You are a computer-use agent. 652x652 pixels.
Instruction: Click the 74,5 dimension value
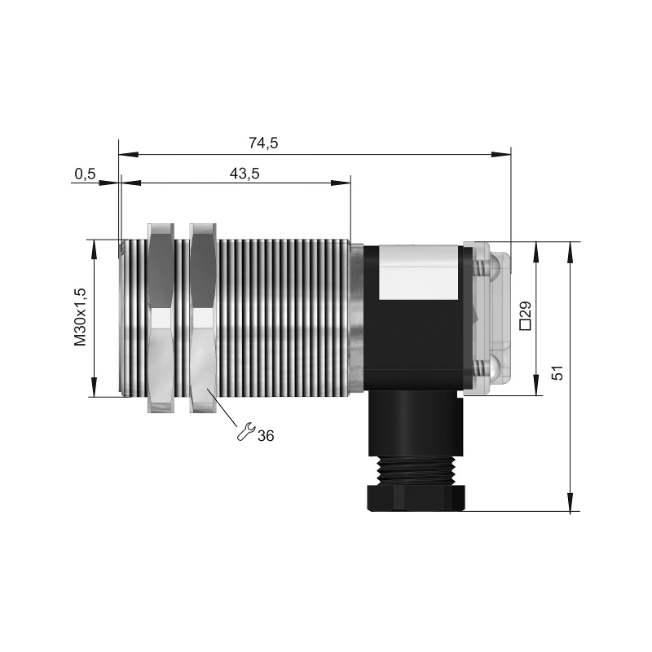pyautogui.click(x=263, y=143)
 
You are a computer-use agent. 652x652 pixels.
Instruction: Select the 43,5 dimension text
pyautogui.click(x=244, y=174)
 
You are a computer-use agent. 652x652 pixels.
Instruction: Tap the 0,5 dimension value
pyautogui.click(x=86, y=174)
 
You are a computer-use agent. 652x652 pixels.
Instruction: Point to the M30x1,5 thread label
pyautogui.click(x=80, y=317)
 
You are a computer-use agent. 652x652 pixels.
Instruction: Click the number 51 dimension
pyautogui.click(x=557, y=372)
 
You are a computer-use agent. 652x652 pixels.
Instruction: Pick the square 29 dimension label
pyautogui.click(x=525, y=315)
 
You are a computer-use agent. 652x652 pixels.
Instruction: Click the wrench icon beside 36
pyautogui.click(x=245, y=431)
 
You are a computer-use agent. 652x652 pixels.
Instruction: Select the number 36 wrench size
pyautogui.click(x=266, y=436)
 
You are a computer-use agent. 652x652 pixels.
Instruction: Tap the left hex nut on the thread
pyautogui.click(x=161, y=318)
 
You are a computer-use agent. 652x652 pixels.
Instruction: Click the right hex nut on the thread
pyautogui.click(x=203, y=318)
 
